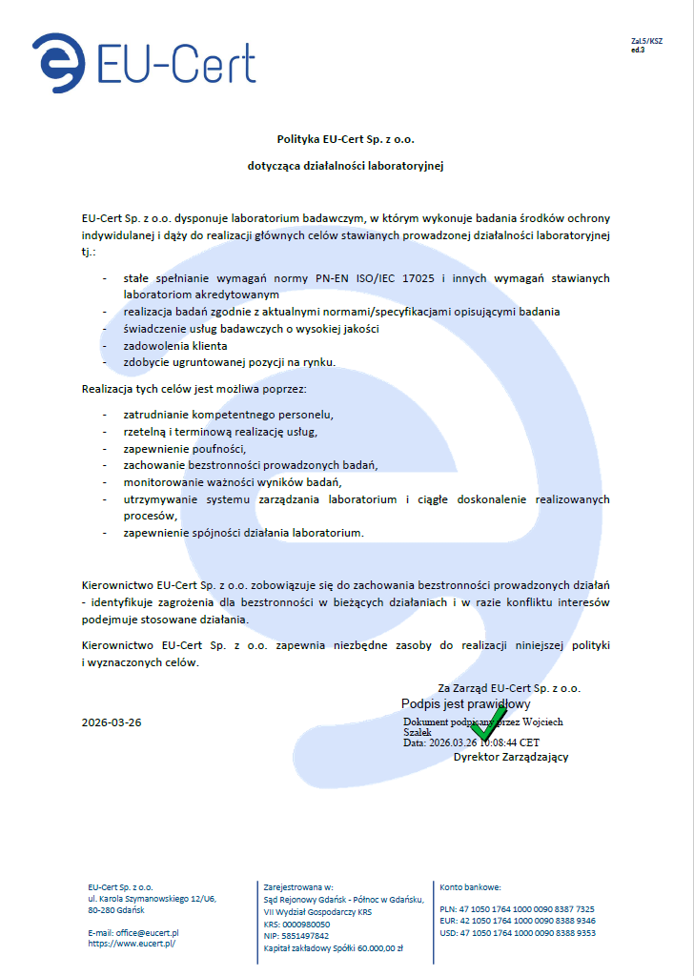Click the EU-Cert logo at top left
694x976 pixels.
[143, 62]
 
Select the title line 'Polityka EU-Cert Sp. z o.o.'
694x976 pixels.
[346, 138]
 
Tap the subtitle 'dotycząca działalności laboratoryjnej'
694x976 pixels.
[346, 166]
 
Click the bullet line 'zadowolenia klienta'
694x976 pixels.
[175, 345]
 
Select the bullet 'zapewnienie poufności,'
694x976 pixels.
[185, 448]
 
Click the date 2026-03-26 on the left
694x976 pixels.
[112, 722]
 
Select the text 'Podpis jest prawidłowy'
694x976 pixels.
[465, 703]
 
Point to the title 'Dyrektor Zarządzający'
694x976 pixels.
[511, 757]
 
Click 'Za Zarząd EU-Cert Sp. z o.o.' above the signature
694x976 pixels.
[509, 687]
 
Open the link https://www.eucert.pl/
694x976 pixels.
[132, 943]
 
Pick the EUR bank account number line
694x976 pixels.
[518, 921]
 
